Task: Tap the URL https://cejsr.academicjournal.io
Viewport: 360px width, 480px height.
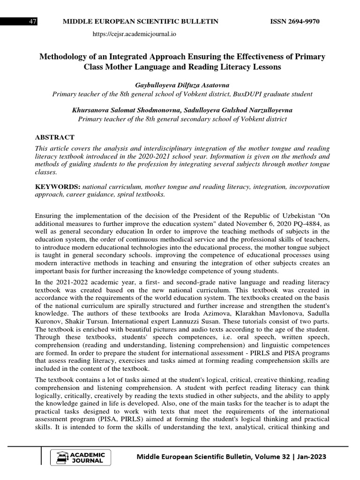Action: [135, 34]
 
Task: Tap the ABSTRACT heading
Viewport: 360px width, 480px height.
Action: [55, 137]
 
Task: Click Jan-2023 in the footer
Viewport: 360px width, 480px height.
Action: [309, 457]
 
